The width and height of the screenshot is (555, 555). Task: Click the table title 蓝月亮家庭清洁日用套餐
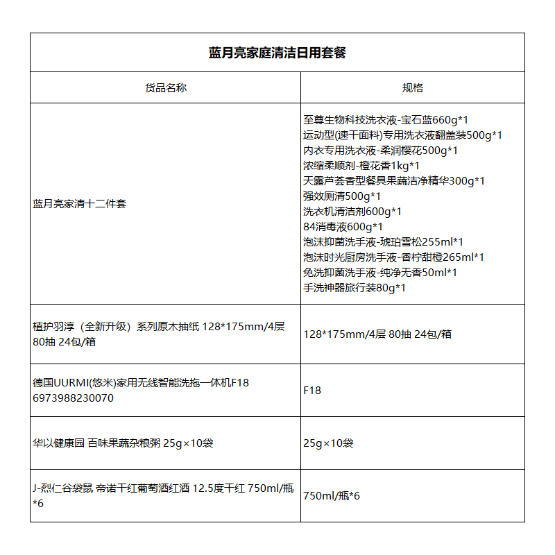pos(277,53)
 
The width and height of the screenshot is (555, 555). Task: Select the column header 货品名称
pos(165,88)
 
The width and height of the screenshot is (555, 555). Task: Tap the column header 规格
pos(412,88)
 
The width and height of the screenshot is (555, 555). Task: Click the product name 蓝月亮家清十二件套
pos(80,204)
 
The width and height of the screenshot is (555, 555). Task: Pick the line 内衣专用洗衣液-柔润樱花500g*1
pos(380,151)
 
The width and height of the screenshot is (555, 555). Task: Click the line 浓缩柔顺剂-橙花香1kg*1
pos(361,166)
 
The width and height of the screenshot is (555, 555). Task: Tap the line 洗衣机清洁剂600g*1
pos(352,212)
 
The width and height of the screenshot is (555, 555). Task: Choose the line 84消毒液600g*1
pos(343,227)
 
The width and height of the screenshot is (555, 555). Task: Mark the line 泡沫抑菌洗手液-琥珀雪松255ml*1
pos(383,242)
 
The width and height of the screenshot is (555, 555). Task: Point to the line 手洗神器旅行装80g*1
pos(354,288)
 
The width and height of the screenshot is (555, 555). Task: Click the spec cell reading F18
pos(312,391)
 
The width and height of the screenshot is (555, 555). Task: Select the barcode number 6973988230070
pos(73,398)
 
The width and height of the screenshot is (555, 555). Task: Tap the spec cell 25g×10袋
pos(328,443)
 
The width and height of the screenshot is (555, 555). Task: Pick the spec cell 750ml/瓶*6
pos(332,496)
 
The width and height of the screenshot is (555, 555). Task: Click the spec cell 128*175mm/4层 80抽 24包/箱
pos(377,334)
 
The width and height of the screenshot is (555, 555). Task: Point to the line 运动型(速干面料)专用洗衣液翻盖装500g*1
pos(402,135)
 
